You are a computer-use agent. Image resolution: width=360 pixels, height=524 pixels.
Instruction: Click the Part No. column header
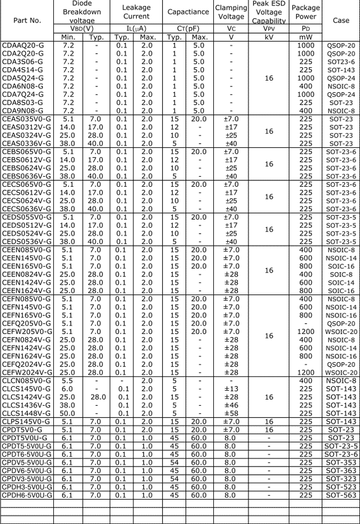(x=27, y=20)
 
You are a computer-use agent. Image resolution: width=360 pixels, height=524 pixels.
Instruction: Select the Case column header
(x=341, y=20)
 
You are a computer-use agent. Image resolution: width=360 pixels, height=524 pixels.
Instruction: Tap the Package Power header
(x=306, y=12)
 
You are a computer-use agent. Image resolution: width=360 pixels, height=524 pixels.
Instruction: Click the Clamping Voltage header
(x=231, y=12)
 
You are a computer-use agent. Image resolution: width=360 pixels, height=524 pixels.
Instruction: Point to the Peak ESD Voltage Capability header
(x=268, y=12)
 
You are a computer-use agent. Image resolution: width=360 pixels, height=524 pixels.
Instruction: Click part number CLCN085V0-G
(x=27, y=381)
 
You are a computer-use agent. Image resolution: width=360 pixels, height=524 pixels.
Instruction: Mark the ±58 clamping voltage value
(x=231, y=414)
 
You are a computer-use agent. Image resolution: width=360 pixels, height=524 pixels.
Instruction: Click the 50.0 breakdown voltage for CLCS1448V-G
(x=68, y=414)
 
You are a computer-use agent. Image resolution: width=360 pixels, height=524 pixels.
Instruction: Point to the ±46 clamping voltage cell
(x=231, y=406)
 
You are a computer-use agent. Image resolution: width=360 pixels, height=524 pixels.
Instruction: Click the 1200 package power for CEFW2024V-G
(x=306, y=372)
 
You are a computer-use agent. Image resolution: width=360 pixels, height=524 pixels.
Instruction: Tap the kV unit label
(x=268, y=37)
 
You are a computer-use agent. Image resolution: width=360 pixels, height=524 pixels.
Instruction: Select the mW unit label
(x=306, y=37)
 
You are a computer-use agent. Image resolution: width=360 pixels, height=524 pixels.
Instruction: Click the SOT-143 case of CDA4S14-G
(x=341, y=70)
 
